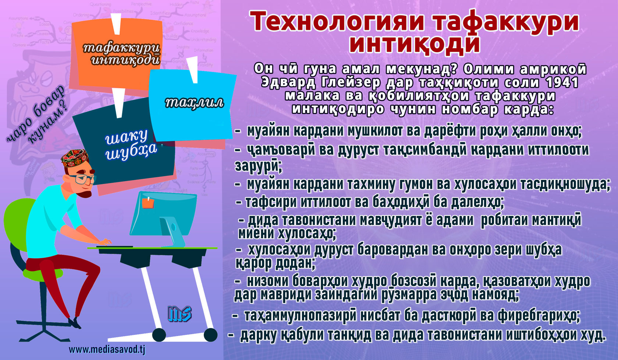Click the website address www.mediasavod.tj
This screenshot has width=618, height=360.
(107, 350)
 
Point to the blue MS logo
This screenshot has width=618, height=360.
(180, 314)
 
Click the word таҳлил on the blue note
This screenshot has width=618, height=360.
(194, 103)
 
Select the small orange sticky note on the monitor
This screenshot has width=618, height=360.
(148, 203)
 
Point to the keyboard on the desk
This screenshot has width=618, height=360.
(114, 246)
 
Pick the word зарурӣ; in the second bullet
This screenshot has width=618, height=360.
(258, 166)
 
